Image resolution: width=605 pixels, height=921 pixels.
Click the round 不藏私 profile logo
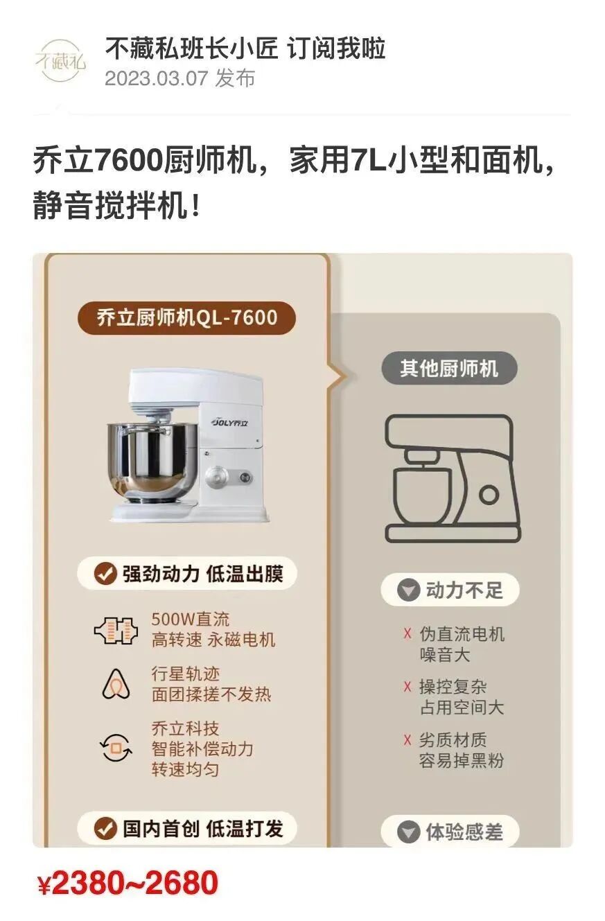click(60, 61)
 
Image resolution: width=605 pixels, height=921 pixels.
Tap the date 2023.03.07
click(157, 78)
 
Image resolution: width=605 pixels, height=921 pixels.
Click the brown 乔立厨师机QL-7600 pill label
click(186, 318)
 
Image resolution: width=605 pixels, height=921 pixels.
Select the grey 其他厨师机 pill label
click(449, 368)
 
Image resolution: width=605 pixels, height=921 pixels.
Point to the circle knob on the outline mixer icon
click(489, 495)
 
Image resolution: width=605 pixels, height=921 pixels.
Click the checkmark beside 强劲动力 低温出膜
click(105, 574)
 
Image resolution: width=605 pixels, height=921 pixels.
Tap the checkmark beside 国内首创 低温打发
click(105, 829)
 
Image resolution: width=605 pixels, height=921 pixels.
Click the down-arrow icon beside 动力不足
click(408, 590)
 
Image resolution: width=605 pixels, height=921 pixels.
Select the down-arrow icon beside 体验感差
click(408, 832)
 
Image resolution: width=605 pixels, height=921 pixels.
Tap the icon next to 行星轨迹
click(116, 684)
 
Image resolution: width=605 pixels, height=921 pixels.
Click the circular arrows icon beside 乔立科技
click(116, 748)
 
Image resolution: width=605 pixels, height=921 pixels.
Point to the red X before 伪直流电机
click(407, 633)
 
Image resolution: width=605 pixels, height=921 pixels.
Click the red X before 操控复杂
click(407, 687)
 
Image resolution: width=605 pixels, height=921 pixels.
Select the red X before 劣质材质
click(407, 739)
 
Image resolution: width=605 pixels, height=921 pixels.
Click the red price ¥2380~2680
click(128, 882)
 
